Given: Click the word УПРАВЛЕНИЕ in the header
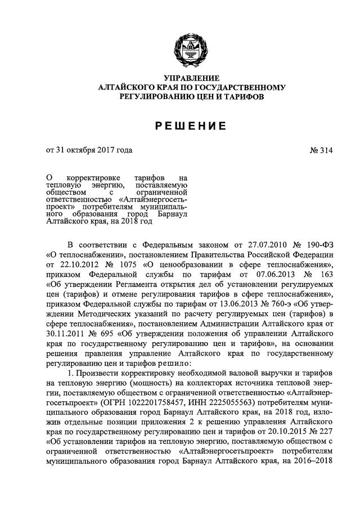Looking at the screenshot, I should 191,78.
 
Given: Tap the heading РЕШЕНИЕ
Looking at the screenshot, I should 191,125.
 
